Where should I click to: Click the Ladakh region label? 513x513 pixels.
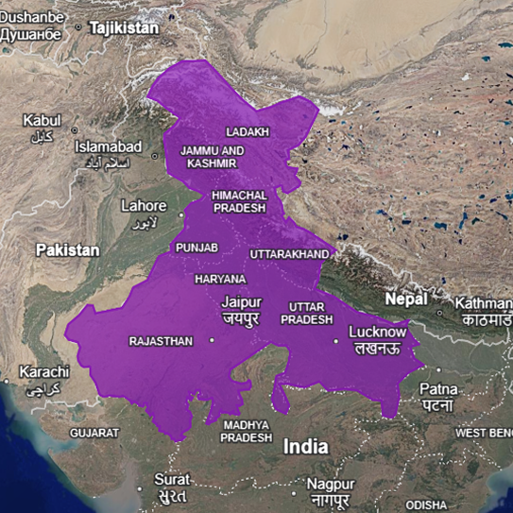pos(248,131)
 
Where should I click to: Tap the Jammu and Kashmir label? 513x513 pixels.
pos(212,157)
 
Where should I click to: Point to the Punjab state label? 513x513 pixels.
pos(197,248)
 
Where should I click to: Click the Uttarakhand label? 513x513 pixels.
pos(290,255)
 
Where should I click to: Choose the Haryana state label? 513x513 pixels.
pos(220,280)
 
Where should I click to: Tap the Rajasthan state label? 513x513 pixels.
pos(161,341)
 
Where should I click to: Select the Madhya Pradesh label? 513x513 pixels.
pos(247,432)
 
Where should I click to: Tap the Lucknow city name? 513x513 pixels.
pos(377,333)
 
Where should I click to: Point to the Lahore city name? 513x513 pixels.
pos(144,206)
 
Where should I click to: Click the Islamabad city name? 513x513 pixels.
pos(109,147)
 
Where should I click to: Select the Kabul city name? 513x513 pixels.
pos(41,121)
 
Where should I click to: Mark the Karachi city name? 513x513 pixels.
pos(43,371)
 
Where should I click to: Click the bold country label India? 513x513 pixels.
pos(307,447)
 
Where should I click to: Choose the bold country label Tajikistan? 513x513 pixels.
pos(124,28)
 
